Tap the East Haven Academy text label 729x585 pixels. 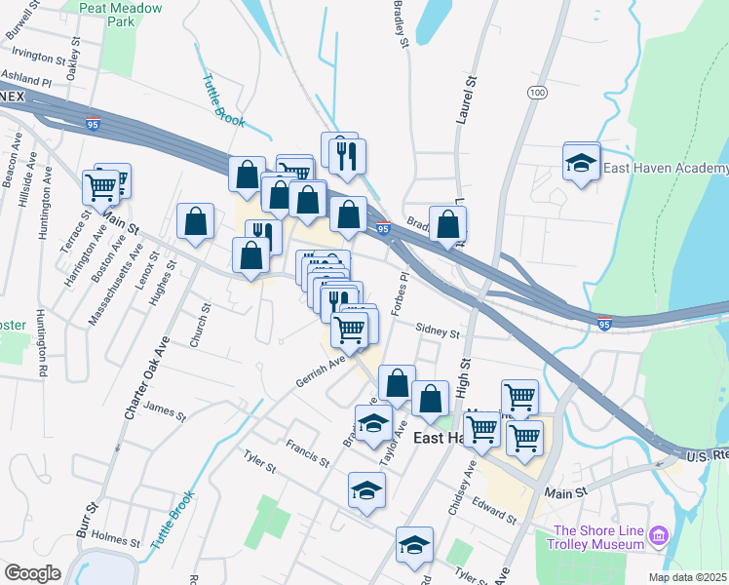(665, 168)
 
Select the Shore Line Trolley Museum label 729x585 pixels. (598, 538)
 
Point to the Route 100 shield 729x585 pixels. (536, 92)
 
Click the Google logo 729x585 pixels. (31, 573)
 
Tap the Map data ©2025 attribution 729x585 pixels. (687, 577)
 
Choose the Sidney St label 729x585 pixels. (437, 332)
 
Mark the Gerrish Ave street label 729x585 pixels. (323, 370)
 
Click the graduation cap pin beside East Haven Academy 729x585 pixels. (581, 162)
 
